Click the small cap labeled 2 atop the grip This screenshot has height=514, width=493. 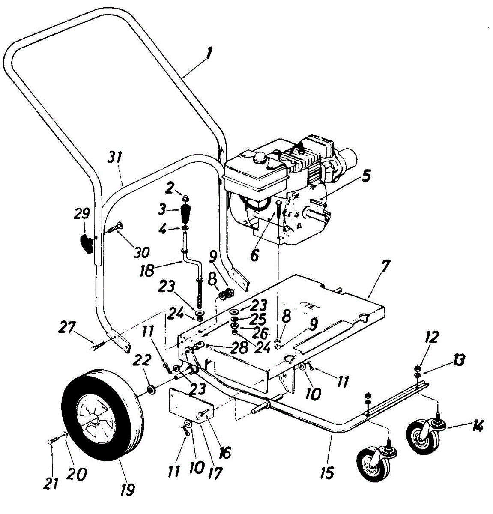tap(186, 197)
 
